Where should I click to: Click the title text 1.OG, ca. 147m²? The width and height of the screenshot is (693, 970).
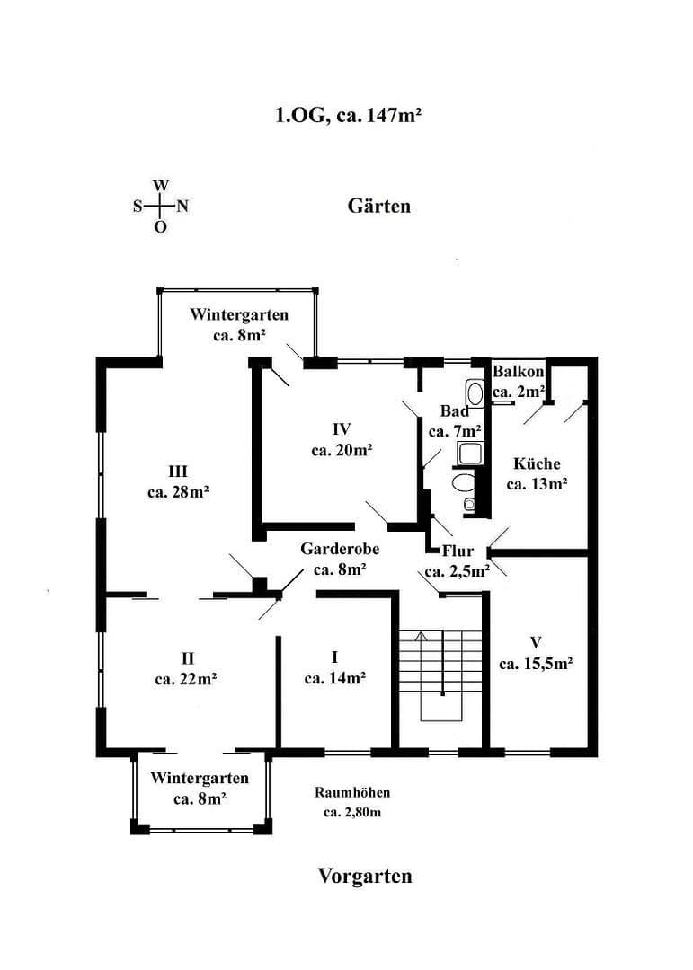point(348,115)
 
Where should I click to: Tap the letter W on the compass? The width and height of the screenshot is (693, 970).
point(160,185)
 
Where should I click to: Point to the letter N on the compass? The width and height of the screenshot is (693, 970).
point(182,206)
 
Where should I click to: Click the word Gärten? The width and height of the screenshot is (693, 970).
point(378,207)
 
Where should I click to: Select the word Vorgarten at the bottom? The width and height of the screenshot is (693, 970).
point(364,876)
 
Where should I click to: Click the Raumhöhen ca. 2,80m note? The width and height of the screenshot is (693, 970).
point(351,803)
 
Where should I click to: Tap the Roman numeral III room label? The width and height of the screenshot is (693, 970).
point(177,471)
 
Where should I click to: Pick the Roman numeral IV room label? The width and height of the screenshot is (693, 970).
point(341,428)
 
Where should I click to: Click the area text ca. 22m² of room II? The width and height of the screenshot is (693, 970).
point(185,679)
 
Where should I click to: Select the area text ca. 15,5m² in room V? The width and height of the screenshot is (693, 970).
point(536,664)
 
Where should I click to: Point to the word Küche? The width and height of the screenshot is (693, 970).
point(537,463)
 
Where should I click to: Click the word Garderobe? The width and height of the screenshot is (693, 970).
point(339,548)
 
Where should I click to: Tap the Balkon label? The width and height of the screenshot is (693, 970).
point(519,372)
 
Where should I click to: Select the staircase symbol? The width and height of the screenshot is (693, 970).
point(440,674)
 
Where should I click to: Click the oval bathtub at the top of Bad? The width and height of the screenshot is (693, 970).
point(475,393)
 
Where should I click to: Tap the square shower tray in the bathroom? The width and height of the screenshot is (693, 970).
point(470,453)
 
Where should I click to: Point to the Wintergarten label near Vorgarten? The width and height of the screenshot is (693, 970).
point(199,777)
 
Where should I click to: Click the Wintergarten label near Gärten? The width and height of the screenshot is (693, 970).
point(239,314)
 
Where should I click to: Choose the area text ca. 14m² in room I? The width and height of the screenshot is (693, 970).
point(334,678)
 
